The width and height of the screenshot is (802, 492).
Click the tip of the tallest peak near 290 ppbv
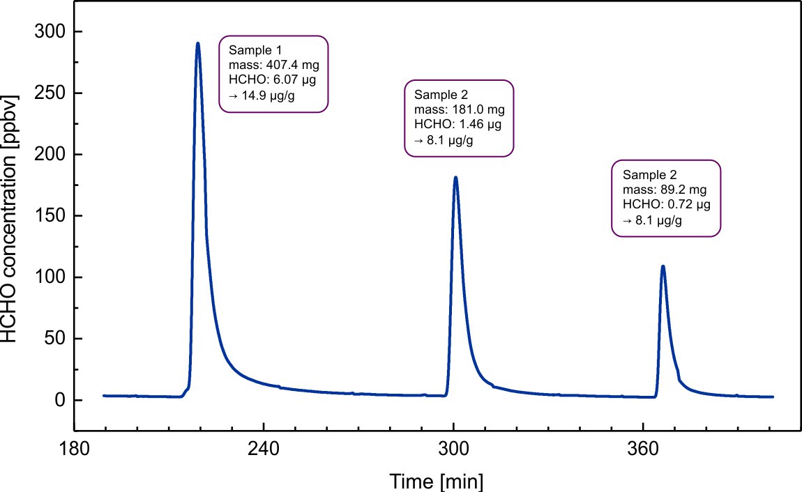198,43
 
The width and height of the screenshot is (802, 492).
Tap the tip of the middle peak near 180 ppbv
455,177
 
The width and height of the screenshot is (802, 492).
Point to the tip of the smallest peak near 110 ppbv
663,266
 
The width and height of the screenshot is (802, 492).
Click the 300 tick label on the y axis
50,32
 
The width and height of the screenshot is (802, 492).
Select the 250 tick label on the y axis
50,93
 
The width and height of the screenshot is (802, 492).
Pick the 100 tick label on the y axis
50,277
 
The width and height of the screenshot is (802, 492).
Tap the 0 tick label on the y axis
59,400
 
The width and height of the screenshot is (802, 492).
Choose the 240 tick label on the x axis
264,449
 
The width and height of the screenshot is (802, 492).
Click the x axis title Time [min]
436,482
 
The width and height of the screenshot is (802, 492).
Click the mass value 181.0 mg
476,110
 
